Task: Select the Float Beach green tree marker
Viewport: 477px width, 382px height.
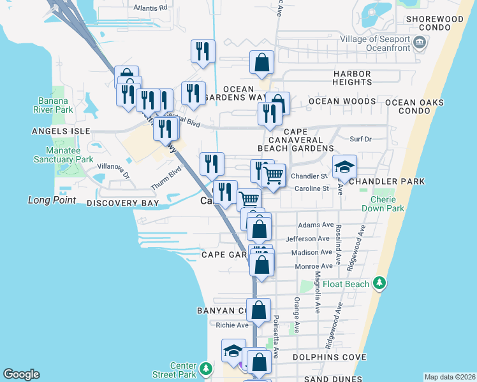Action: click(380, 282)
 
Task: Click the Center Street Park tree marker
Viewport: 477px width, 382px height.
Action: click(205, 369)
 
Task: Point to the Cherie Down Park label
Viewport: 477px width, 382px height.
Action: click(388, 204)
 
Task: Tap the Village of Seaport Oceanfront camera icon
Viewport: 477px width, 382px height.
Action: click(419, 43)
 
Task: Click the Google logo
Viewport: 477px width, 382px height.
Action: click(21, 374)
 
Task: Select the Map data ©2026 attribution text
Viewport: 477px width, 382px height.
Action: click(450, 377)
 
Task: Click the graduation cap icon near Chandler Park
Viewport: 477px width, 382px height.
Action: click(344, 167)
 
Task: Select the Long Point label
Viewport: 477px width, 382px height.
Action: click(52, 200)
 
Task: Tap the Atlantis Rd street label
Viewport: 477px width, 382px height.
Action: click(150, 8)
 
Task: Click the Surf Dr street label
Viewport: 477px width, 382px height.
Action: click(360, 138)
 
